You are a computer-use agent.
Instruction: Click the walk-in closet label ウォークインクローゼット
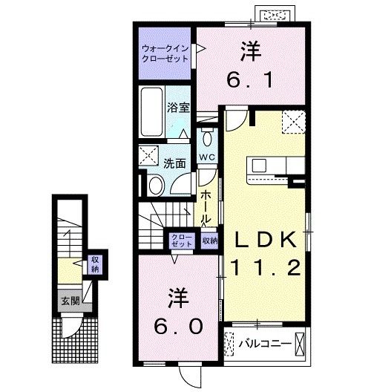[x=164, y=54]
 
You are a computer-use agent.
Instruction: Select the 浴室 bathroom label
[x=180, y=106]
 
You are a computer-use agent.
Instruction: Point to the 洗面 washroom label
[x=175, y=163]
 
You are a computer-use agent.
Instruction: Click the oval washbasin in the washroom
[x=156, y=186]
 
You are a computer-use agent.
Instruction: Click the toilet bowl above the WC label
[x=207, y=139]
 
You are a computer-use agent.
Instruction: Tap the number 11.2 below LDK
[x=266, y=267]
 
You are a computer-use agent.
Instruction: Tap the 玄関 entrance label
[x=68, y=301]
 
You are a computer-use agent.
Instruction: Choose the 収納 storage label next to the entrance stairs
[x=95, y=263]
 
